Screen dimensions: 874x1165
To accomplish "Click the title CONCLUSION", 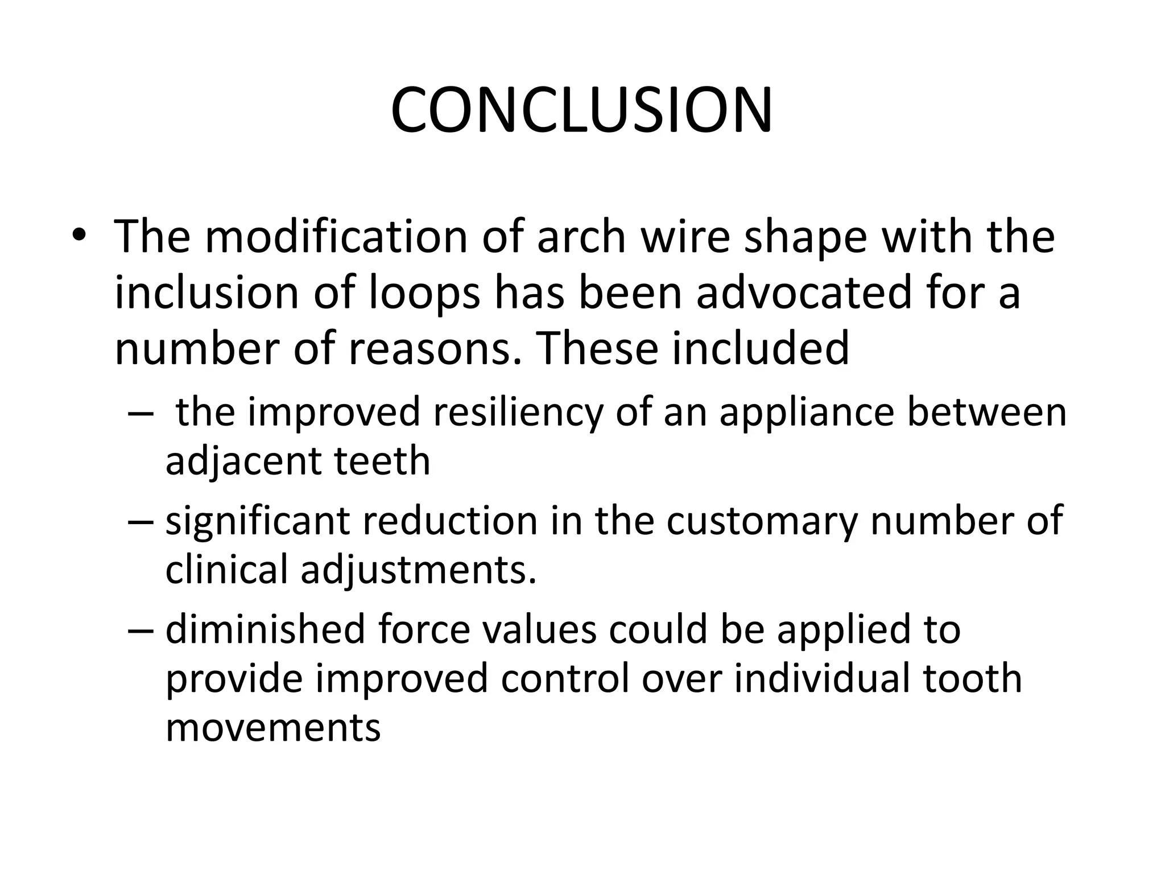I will point(581,110).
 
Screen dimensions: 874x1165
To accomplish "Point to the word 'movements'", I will point(273,728).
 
